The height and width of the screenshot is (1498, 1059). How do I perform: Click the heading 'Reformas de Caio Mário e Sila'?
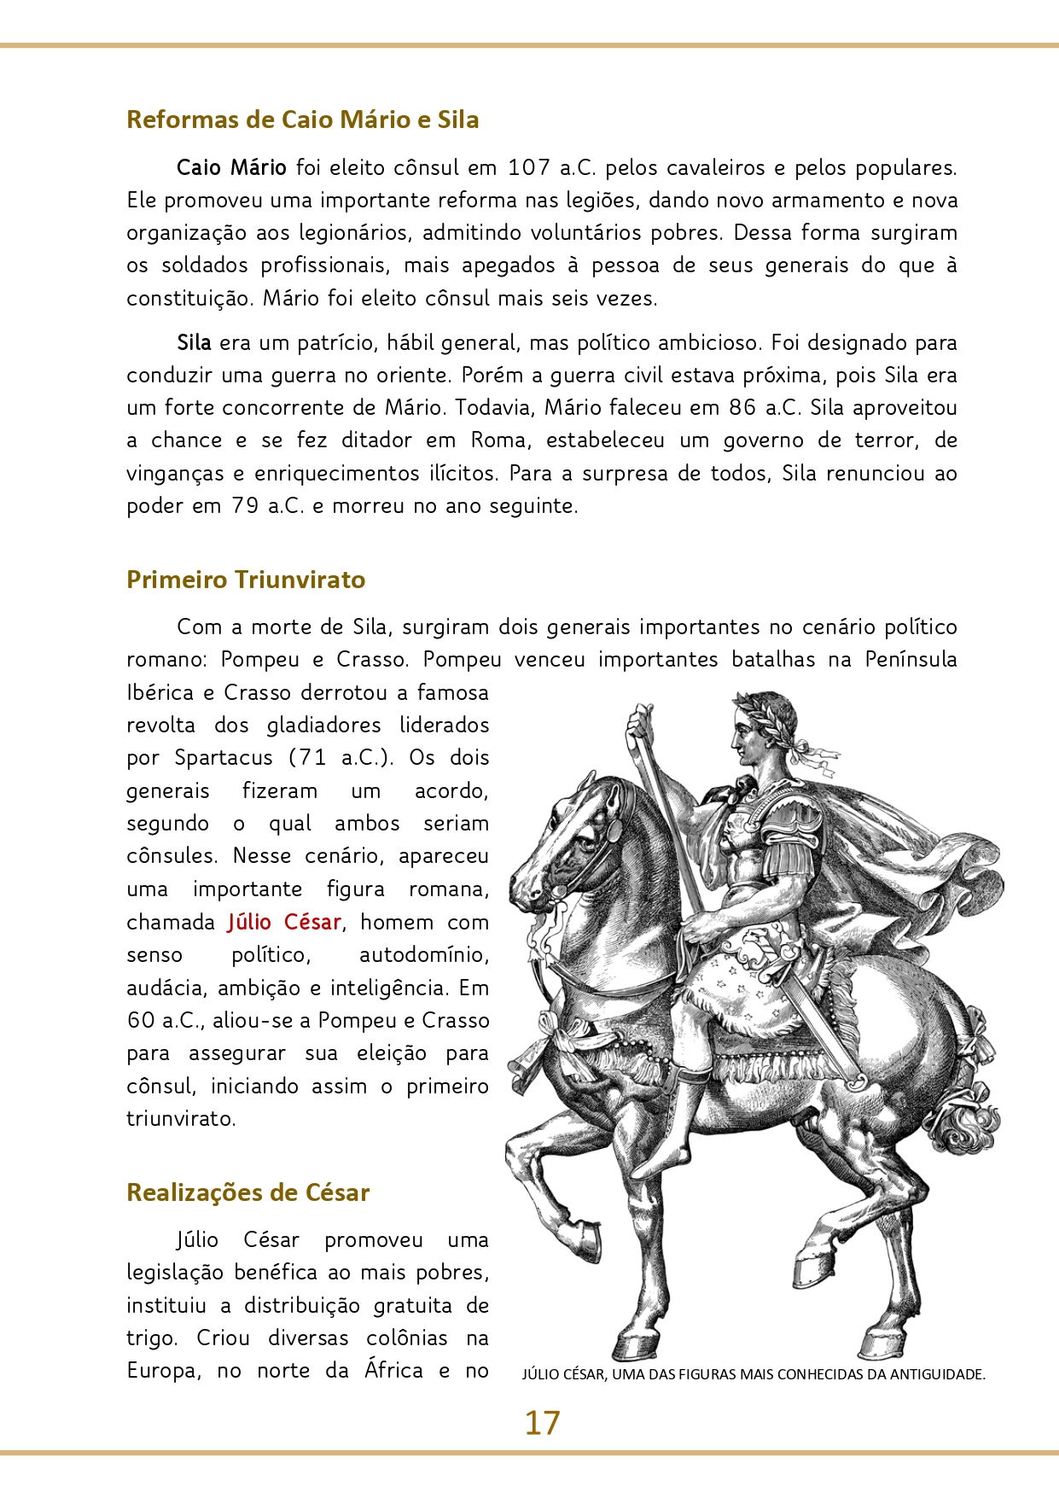[302, 119]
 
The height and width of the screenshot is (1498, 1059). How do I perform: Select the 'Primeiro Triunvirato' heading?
[246, 580]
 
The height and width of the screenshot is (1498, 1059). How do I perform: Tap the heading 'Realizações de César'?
[247, 1192]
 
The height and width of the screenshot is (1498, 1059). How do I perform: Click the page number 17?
[542, 1423]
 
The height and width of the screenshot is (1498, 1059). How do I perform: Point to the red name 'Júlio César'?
[284, 923]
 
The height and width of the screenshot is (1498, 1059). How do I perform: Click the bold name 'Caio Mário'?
[231, 167]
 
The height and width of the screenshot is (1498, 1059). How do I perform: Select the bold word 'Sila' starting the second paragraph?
[194, 343]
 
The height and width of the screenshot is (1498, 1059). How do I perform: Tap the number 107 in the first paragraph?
[528, 167]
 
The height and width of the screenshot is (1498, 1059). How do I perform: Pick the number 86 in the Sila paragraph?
[742, 408]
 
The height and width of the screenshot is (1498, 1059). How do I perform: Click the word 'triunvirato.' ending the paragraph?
[181, 1119]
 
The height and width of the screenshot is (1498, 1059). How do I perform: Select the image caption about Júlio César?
[754, 1374]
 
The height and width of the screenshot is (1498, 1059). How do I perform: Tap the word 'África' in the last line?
[393, 1371]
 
